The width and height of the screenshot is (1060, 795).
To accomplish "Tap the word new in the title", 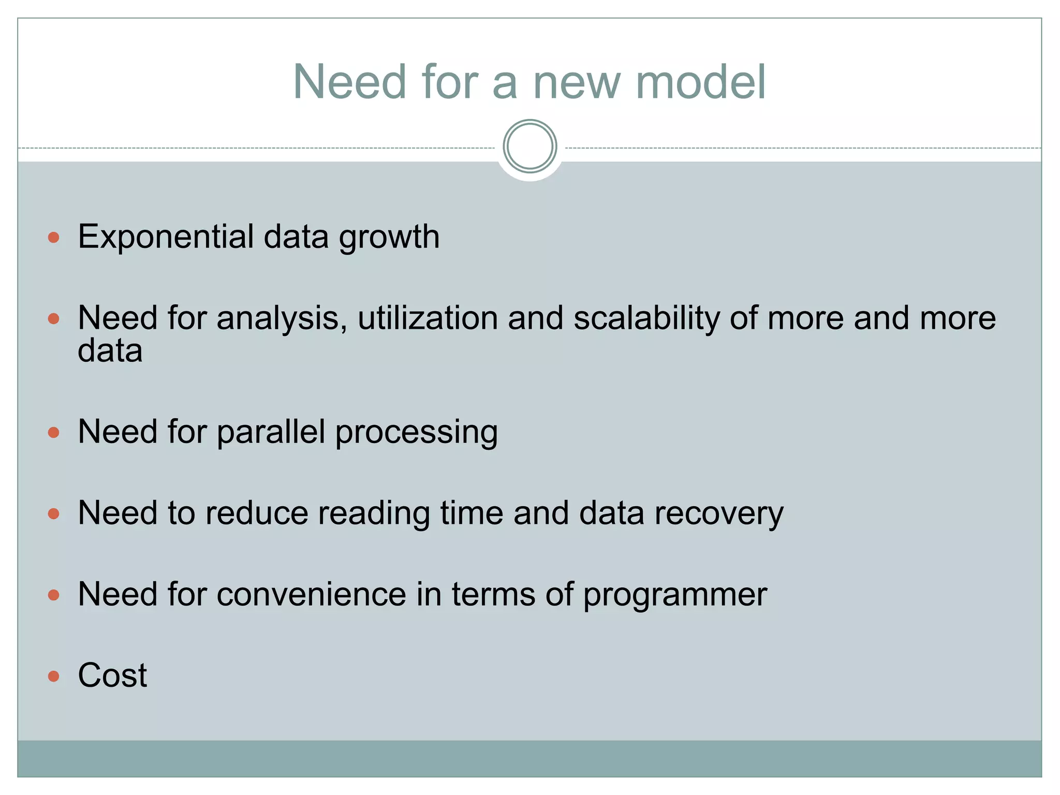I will coord(576,83).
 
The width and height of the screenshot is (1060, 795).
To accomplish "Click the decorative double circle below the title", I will coord(529,146).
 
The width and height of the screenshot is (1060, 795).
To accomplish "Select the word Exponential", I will coord(166,237).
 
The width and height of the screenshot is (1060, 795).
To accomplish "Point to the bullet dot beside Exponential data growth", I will coord(53,238).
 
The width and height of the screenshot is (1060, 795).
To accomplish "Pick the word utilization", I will coord(428,318).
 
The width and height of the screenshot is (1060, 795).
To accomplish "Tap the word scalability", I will coord(646,318).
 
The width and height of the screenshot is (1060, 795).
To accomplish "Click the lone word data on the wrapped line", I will coord(110,351).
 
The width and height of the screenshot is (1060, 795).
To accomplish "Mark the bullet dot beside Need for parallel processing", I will coord(53,432).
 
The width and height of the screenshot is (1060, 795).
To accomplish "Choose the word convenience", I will coord(311,594).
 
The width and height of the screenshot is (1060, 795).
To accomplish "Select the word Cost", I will coord(112,675).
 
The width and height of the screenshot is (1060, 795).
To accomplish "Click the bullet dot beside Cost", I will coord(53,676).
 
